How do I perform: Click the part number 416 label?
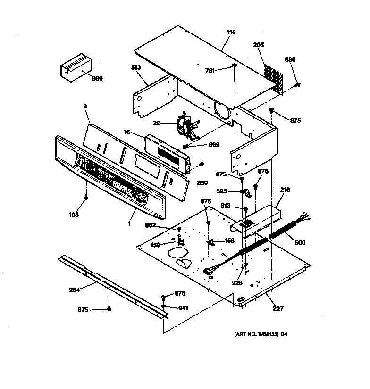pos(231,32)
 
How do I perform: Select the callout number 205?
pos(259,45)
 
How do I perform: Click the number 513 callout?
pos(136,68)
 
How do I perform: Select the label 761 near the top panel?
pos(210,71)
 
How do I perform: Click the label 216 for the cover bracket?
pos(285,190)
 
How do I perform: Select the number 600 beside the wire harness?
pos(300,242)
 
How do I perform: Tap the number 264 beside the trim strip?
pos(74,290)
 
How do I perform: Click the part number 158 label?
pos(229,240)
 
